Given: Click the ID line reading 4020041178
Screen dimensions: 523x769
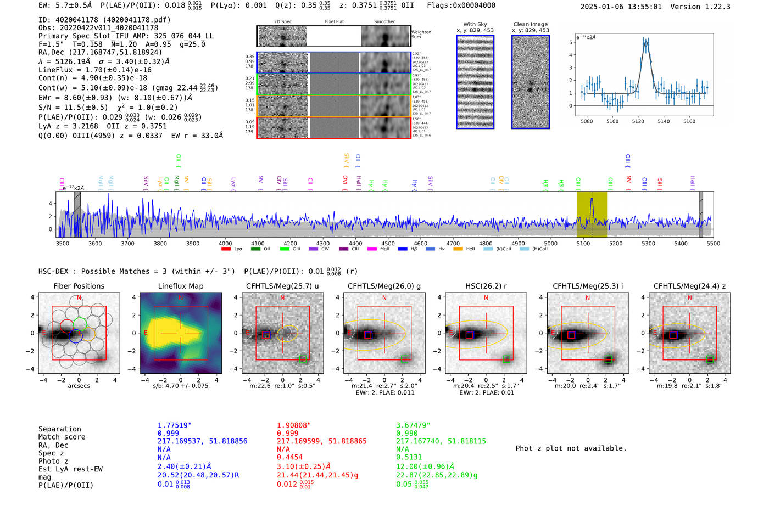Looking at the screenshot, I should (x=104, y=20).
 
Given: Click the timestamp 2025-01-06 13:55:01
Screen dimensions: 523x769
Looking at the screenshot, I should (x=621, y=7).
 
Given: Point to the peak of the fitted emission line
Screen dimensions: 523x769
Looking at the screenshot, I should (x=646, y=41).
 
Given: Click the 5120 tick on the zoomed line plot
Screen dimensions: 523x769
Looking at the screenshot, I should (x=638, y=121).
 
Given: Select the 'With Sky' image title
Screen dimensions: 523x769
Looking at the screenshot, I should (x=475, y=24).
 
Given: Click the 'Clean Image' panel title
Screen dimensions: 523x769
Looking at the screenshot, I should (x=531, y=24).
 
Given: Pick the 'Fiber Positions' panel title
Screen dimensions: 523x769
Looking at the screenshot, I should (x=79, y=286).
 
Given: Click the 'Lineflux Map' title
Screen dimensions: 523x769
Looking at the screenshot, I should (x=181, y=286).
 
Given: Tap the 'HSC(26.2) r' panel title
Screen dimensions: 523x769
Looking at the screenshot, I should (x=486, y=286).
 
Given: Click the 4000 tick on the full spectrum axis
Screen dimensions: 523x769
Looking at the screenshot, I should (x=225, y=244).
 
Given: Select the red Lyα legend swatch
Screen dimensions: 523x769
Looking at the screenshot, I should (x=226, y=249).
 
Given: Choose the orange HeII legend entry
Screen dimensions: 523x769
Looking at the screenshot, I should (x=458, y=249).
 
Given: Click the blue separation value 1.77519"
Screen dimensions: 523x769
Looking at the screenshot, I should (x=174, y=425).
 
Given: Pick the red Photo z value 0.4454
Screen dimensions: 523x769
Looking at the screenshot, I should (x=289, y=457).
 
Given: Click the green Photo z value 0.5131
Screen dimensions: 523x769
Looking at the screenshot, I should (x=409, y=457).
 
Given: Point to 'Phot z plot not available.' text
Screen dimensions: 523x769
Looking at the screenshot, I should (x=571, y=448).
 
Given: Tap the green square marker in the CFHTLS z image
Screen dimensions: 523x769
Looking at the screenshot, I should (x=710, y=359).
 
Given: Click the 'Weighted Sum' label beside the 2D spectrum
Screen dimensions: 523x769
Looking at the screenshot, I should (x=421, y=35).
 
